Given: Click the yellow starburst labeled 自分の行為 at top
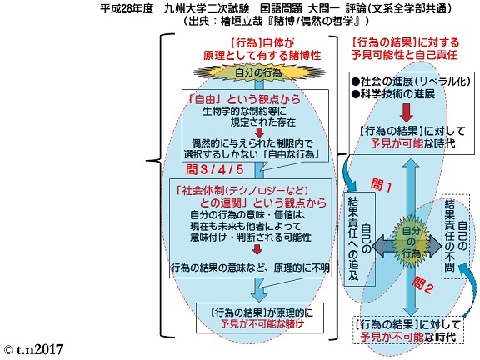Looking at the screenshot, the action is (258, 72).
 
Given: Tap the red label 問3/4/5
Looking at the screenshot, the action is (215, 170).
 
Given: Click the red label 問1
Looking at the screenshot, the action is (381, 185).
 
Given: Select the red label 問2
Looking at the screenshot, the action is (422, 285).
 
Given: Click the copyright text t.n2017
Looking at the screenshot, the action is (33, 349).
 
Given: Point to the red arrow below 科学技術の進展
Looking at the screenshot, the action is (407, 112).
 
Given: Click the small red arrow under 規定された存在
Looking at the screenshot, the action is (260, 132).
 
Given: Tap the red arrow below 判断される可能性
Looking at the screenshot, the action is (257, 250).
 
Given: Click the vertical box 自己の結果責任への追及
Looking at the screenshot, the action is (360, 239).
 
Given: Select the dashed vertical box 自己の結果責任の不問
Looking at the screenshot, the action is (456, 236).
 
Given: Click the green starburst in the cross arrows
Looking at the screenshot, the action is (411, 242).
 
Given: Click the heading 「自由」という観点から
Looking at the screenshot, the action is (244, 99).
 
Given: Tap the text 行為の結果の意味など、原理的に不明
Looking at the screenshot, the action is (250, 267).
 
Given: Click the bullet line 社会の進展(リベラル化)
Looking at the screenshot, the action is (411, 81).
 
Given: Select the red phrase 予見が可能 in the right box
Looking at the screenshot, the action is (397, 143).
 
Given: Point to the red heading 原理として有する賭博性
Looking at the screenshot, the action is (262, 55).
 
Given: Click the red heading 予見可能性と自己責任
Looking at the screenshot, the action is (404, 55).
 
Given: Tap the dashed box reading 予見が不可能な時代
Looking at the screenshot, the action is (408, 330).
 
